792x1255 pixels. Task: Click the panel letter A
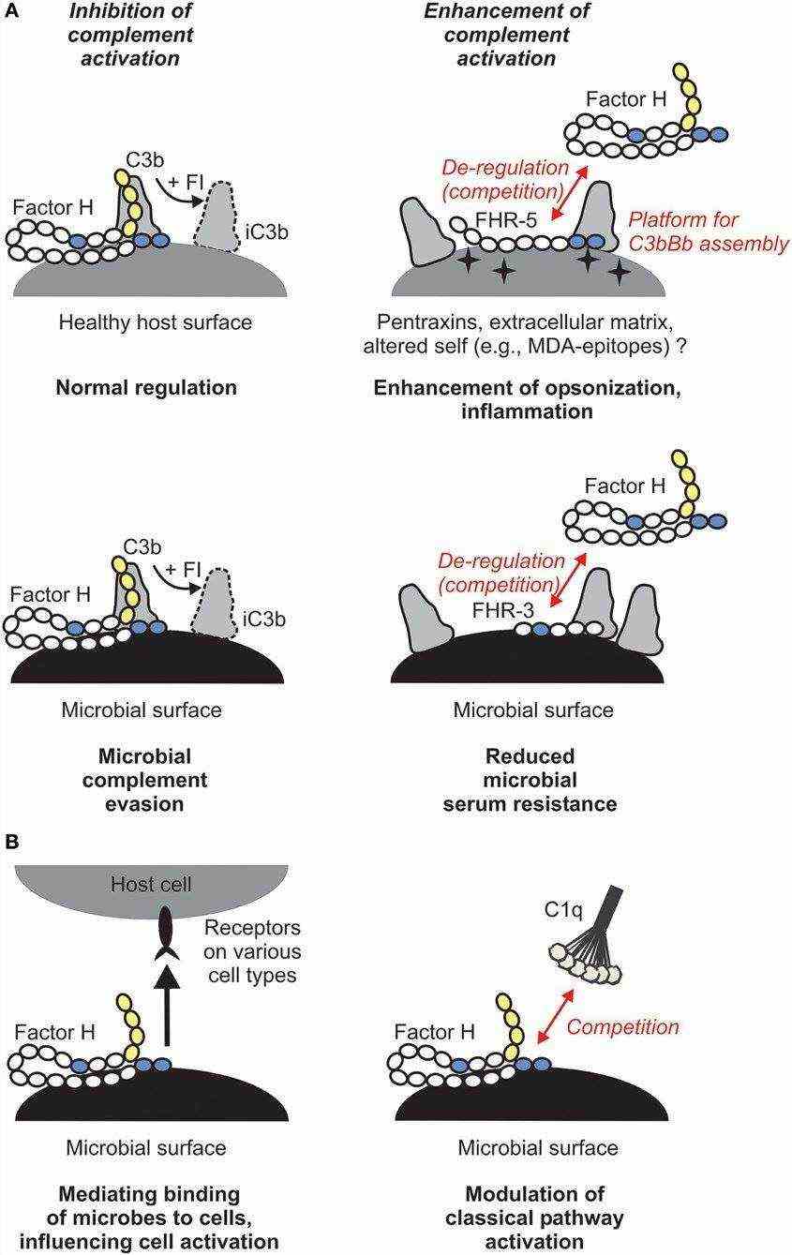click(11, 11)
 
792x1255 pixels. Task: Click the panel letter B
click(11, 844)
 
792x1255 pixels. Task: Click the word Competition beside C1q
click(623, 1027)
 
